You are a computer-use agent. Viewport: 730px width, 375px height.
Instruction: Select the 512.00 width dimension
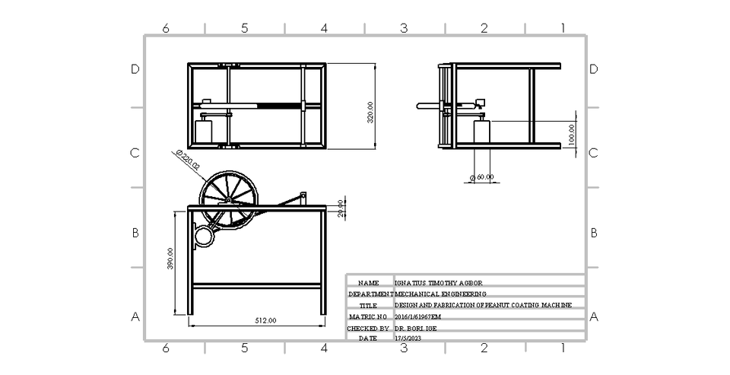coord(265,320)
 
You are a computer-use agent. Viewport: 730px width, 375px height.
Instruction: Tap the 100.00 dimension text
coord(572,136)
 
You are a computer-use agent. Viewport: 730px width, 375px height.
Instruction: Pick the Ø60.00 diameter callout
coord(482,176)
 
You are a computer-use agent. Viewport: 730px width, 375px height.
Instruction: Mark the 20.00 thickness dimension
coord(341,208)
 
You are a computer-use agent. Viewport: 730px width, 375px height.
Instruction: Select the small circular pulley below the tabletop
coord(205,237)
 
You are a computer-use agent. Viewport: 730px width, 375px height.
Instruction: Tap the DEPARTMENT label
coord(370,294)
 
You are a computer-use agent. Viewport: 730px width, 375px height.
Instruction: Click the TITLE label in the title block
coord(368,305)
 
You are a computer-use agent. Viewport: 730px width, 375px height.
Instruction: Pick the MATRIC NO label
coord(368,316)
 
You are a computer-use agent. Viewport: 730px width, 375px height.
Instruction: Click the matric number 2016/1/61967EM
coord(418,316)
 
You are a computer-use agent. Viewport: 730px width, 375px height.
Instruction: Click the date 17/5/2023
coord(408,338)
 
